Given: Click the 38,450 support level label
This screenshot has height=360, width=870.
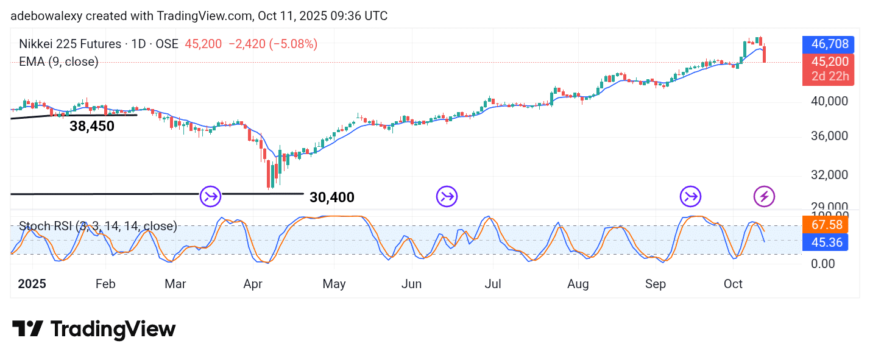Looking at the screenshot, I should click(91, 126).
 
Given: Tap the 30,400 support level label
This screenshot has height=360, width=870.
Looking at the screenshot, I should click(331, 197).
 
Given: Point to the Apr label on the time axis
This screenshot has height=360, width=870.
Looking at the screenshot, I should click(253, 284).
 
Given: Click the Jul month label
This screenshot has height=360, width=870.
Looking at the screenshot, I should click(493, 284).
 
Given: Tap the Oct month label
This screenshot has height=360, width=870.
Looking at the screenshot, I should click(734, 284).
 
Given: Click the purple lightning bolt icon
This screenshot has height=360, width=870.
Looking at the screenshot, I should click(764, 196).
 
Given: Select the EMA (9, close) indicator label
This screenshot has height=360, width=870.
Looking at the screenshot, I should click(58, 62).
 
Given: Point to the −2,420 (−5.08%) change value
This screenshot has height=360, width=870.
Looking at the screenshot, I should click(272, 44).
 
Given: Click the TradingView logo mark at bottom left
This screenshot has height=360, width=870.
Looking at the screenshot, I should click(27, 329).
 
